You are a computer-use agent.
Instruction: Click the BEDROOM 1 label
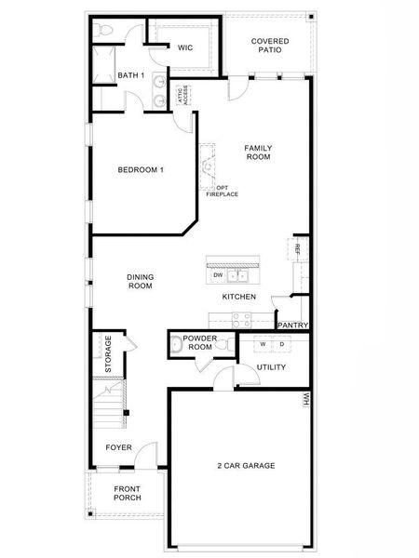click(x=141, y=169)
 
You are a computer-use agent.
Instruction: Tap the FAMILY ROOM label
click(x=258, y=153)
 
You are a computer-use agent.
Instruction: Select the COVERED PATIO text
click(x=270, y=46)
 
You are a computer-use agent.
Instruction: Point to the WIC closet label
click(x=184, y=47)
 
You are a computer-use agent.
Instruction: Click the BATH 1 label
click(x=130, y=75)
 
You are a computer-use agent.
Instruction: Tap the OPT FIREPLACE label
click(x=223, y=191)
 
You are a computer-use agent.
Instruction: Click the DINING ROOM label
click(x=141, y=281)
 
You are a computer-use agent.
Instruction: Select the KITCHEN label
click(x=239, y=297)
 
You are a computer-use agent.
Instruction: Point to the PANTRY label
click(x=292, y=325)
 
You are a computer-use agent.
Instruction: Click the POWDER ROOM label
click(x=199, y=343)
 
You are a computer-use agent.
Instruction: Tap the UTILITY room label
click(x=271, y=366)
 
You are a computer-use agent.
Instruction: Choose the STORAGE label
click(x=108, y=354)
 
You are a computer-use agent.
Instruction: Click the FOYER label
click(x=118, y=447)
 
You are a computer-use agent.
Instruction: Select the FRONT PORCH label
click(x=127, y=493)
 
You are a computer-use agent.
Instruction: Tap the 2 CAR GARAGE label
click(x=246, y=466)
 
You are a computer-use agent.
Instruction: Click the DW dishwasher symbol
click(x=218, y=275)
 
